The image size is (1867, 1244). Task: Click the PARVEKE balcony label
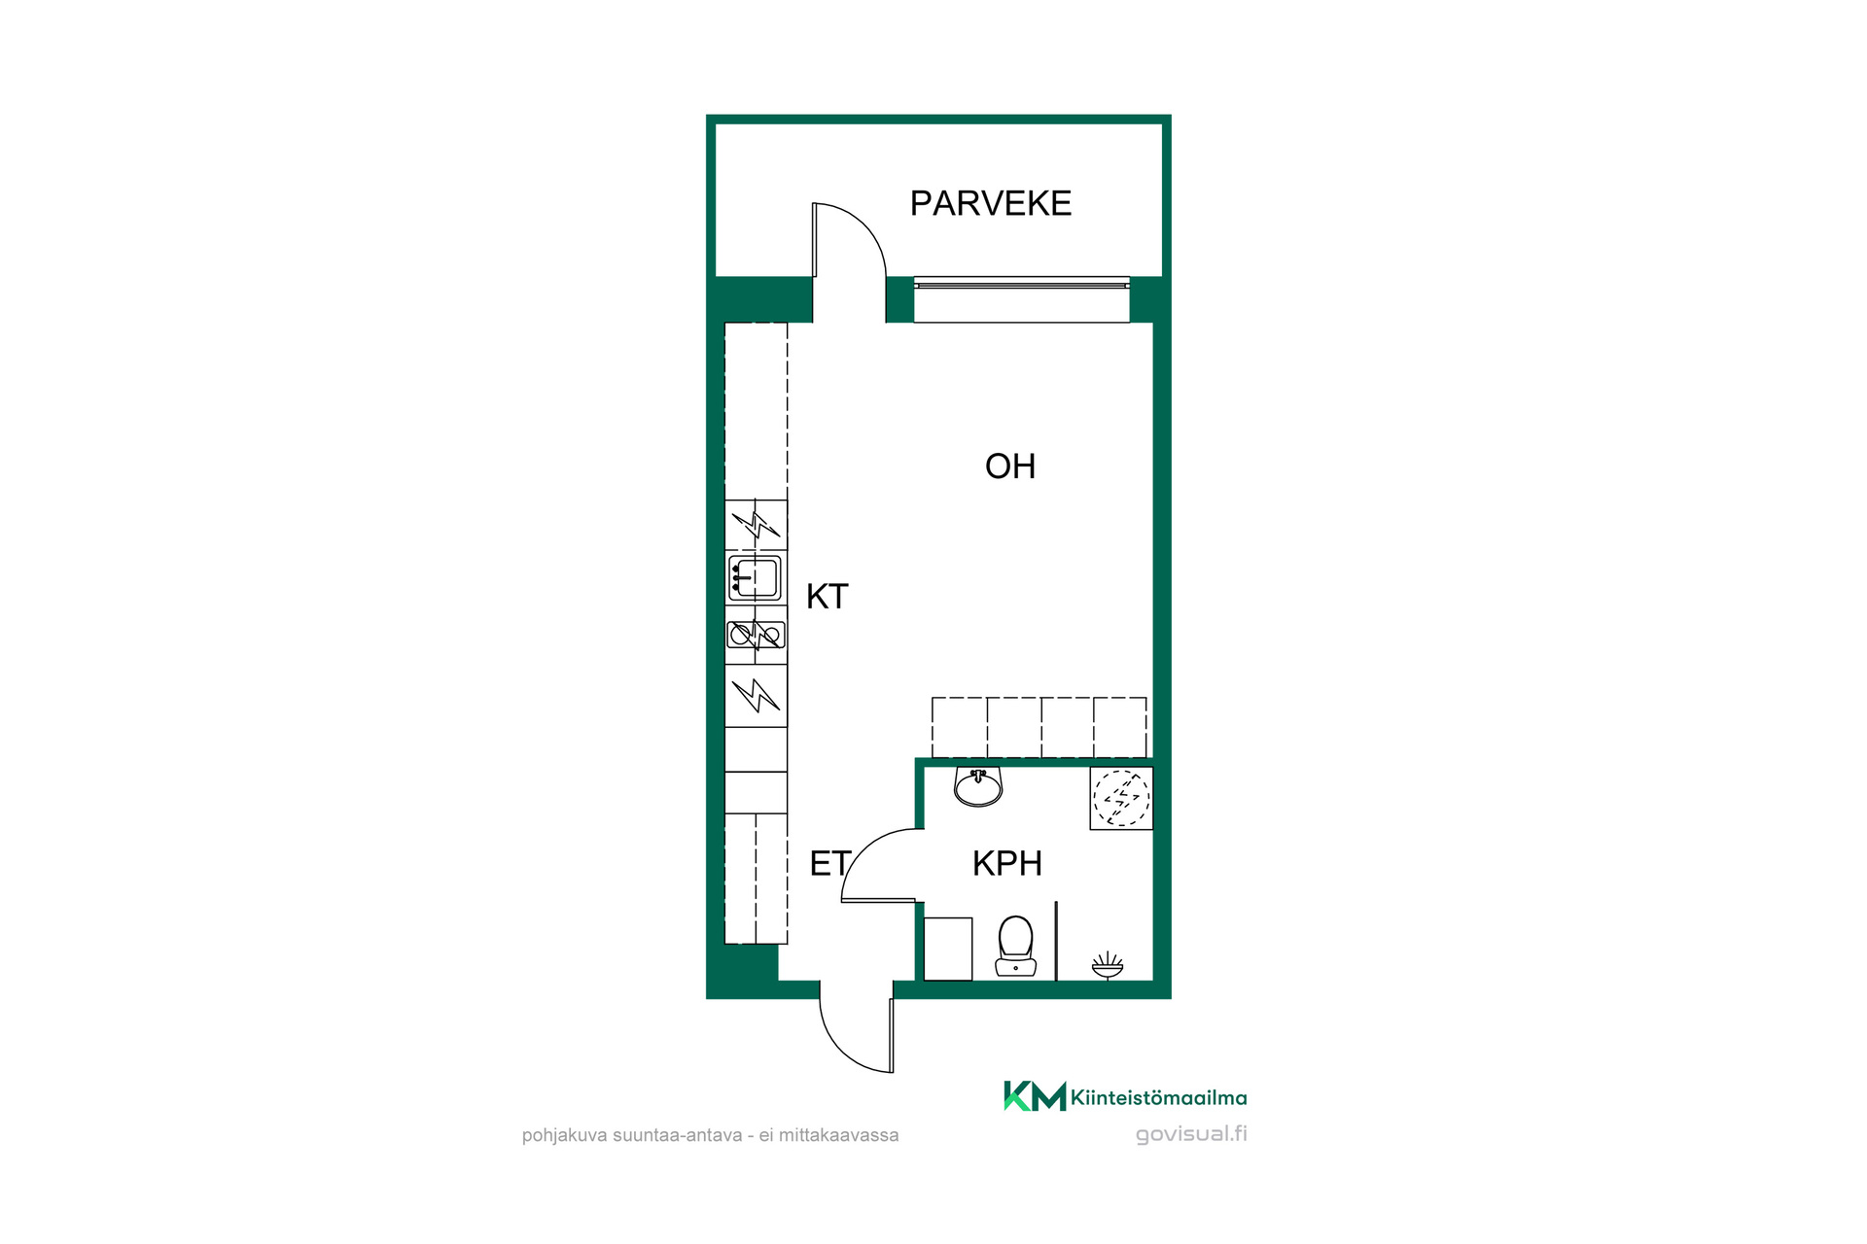[x=990, y=203]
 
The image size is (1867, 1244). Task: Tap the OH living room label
[x=1010, y=466]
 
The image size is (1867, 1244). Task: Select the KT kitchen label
[x=828, y=597]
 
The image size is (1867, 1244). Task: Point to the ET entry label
[x=830, y=863]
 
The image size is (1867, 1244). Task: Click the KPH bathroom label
[x=1007, y=863]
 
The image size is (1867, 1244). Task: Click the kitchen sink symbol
[x=755, y=578]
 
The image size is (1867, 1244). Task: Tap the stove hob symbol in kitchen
[x=756, y=636]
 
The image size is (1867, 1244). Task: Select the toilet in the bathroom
[x=1015, y=946]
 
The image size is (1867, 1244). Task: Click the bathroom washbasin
[x=978, y=787]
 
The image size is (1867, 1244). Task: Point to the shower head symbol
[x=1108, y=965]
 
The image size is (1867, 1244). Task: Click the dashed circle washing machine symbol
[x=1121, y=798]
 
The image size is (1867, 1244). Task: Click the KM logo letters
[x=1035, y=1096]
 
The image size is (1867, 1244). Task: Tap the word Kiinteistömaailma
[x=1159, y=1098]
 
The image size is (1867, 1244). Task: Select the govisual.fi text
[x=1191, y=1134]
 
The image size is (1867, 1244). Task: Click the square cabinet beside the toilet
[x=948, y=949]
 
